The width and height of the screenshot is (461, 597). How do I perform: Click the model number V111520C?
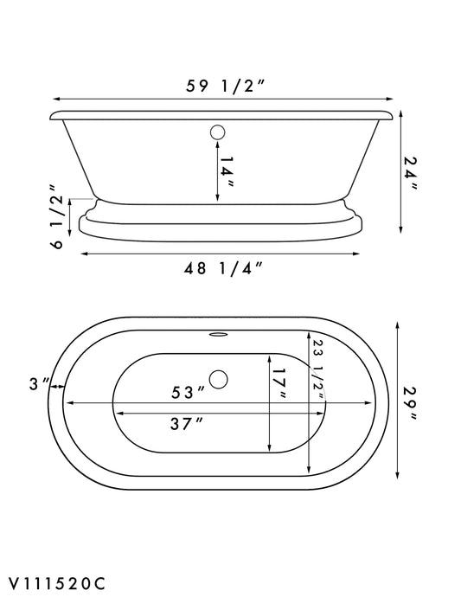(x=58, y=581)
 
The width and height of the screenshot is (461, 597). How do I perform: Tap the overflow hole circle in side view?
(x=217, y=134)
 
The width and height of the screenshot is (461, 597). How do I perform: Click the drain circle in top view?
(x=219, y=378)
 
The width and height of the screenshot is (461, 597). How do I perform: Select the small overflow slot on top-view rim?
(x=218, y=331)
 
